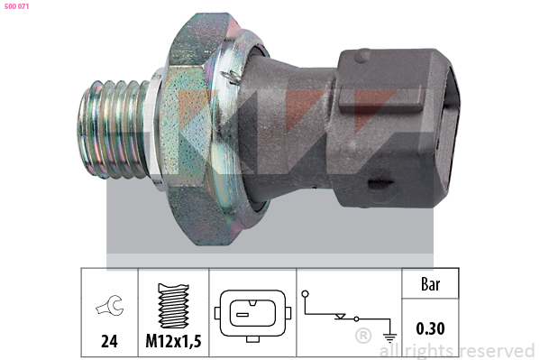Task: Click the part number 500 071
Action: click(16, 6)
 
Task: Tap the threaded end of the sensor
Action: click(114, 129)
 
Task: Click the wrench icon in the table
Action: click(109, 306)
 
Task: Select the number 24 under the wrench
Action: click(109, 341)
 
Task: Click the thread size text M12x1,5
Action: click(173, 341)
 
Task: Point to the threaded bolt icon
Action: click(173, 306)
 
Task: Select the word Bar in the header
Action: click(431, 284)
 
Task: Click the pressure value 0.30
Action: click(430, 328)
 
